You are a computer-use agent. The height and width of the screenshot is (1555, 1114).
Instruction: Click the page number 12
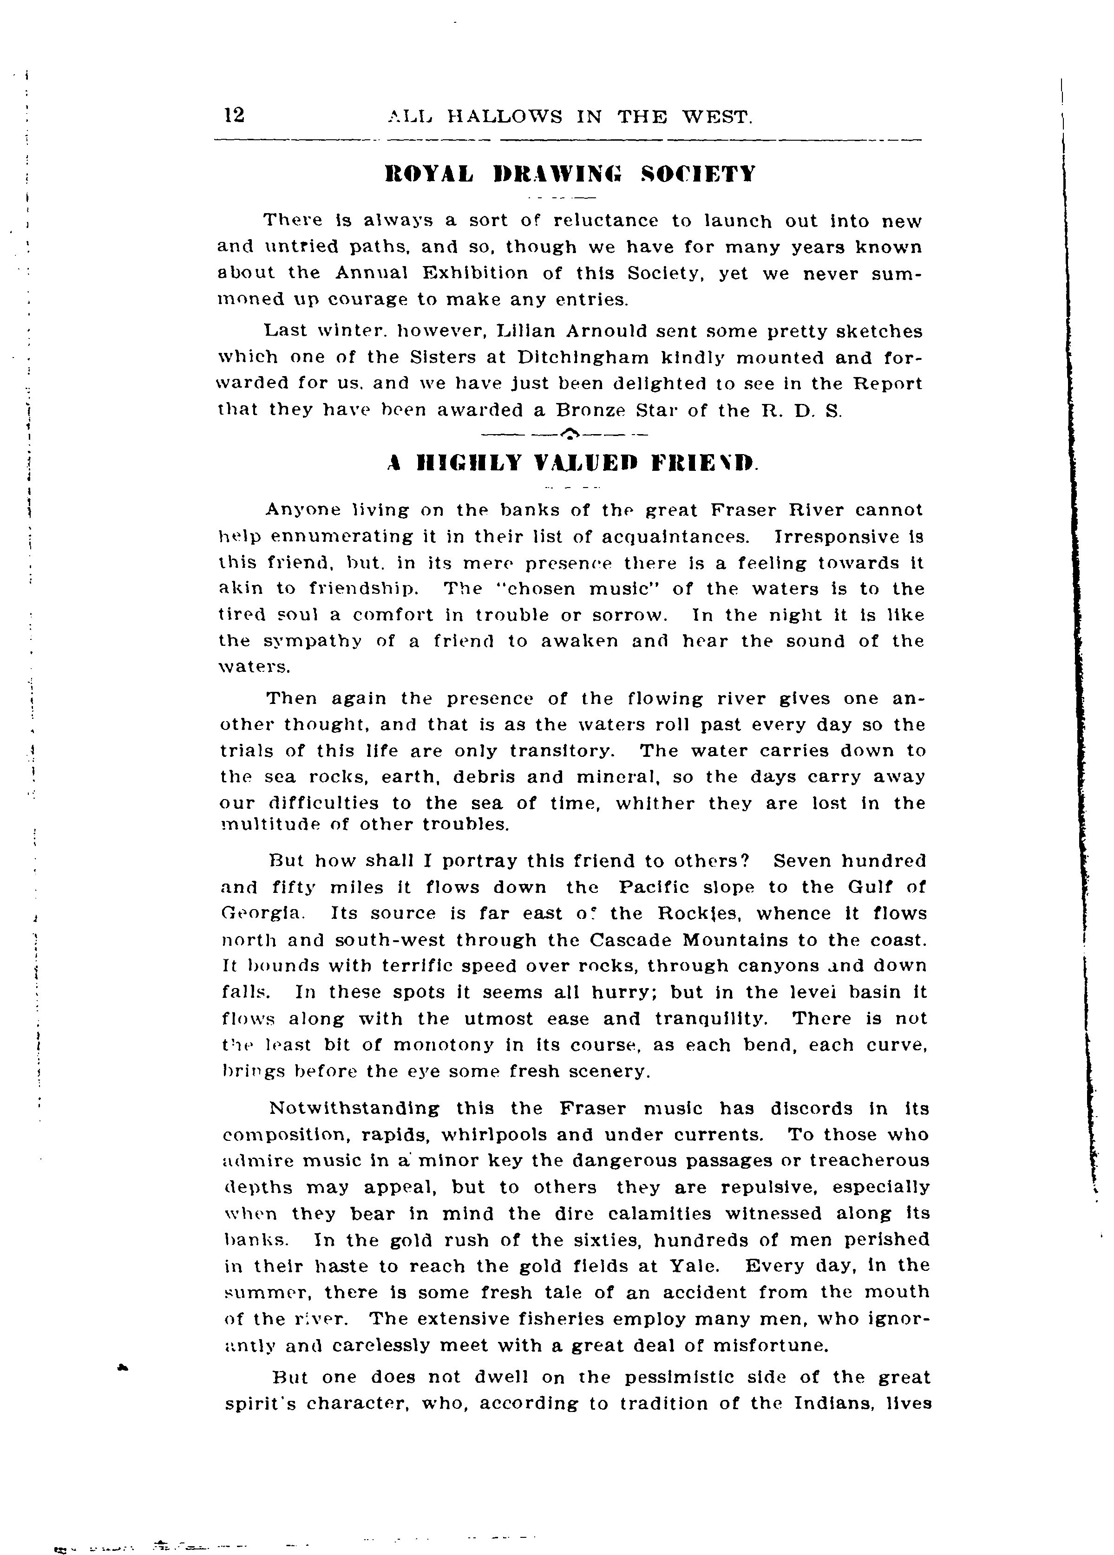point(234,115)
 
